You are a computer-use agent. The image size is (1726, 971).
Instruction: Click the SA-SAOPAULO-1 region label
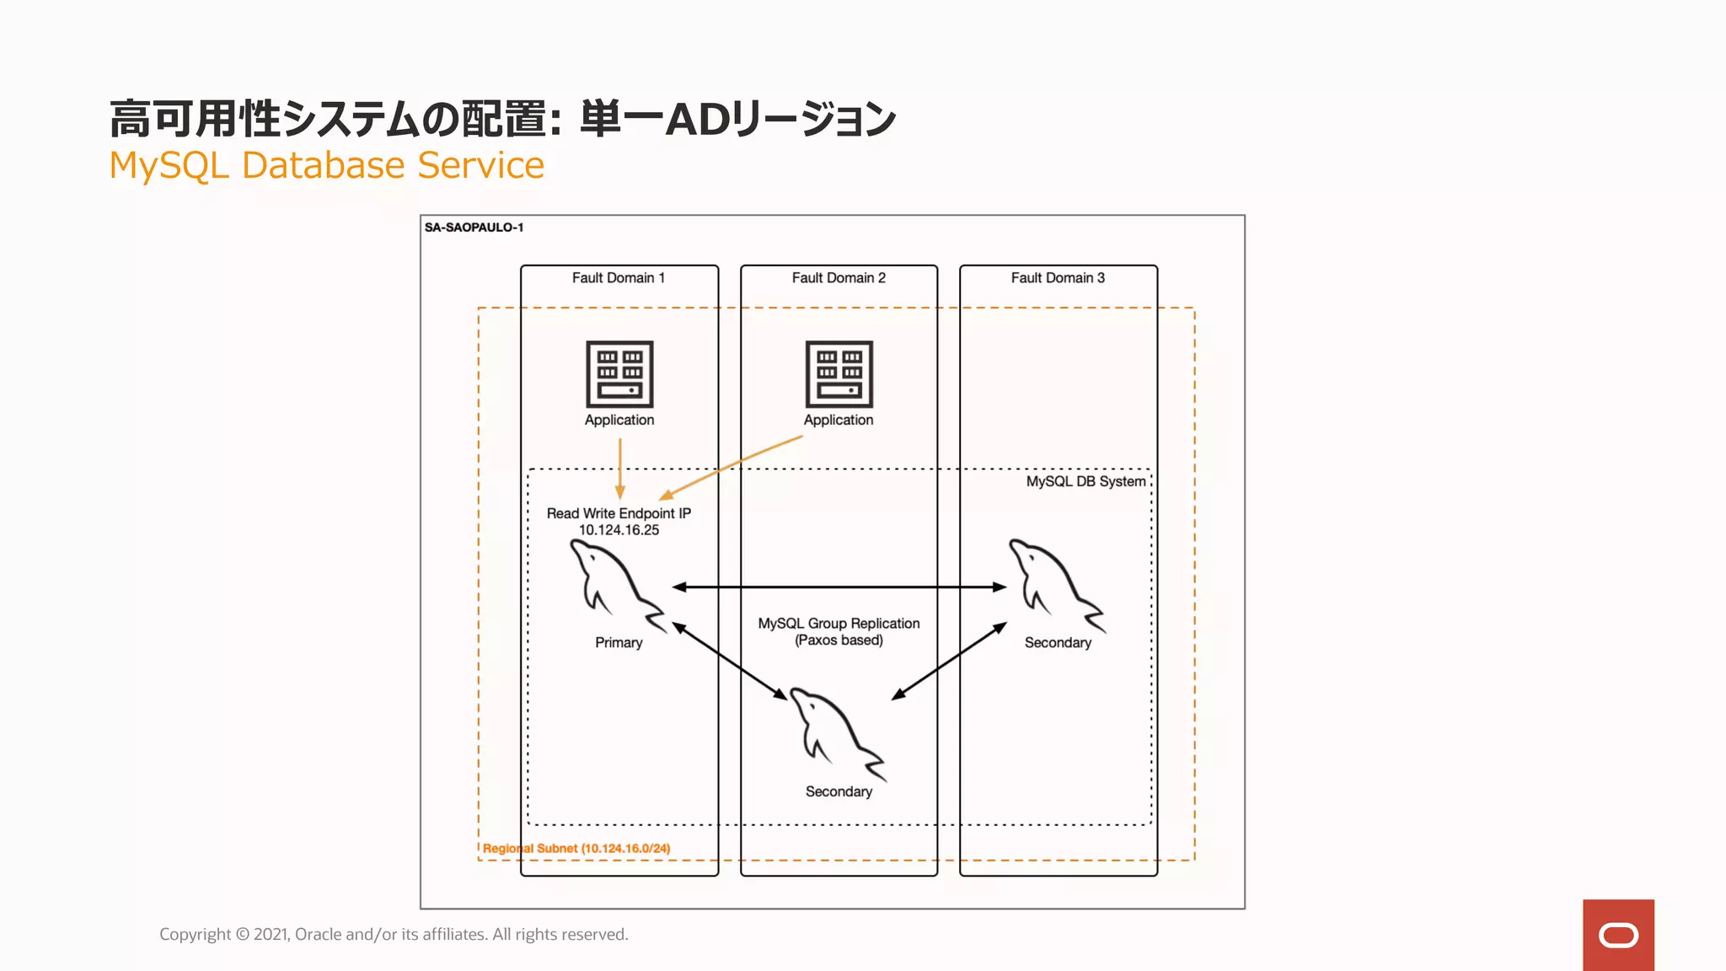click(x=474, y=228)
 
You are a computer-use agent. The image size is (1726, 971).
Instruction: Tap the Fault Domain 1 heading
click(x=618, y=278)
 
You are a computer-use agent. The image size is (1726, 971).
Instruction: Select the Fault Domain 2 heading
click(x=839, y=278)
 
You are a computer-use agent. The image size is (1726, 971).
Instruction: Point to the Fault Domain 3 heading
click(x=1058, y=278)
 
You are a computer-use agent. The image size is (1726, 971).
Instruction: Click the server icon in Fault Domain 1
click(x=619, y=373)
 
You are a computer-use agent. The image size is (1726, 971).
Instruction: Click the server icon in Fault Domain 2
click(x=839, y=373)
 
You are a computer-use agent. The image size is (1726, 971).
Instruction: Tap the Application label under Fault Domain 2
click(x=839, y=420)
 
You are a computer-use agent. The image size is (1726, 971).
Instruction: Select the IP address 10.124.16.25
click(x=619, y=530)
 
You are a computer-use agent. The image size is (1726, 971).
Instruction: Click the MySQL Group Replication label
click(x=839, y=624)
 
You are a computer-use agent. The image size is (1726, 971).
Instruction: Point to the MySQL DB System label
click(x=1085, y=481)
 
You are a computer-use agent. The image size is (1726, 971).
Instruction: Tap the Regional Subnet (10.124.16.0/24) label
click(x=576, y=849)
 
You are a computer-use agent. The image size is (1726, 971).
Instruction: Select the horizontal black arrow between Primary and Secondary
click(x=839, y=587)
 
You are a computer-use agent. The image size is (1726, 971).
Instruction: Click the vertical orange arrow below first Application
click(x=620, y=468)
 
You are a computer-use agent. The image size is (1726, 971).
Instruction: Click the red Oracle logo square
click(x=1618, y=935)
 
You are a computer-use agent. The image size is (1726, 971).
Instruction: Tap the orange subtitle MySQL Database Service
click(x=327, y=165)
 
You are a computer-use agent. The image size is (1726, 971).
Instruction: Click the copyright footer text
click(x=394, y=934)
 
